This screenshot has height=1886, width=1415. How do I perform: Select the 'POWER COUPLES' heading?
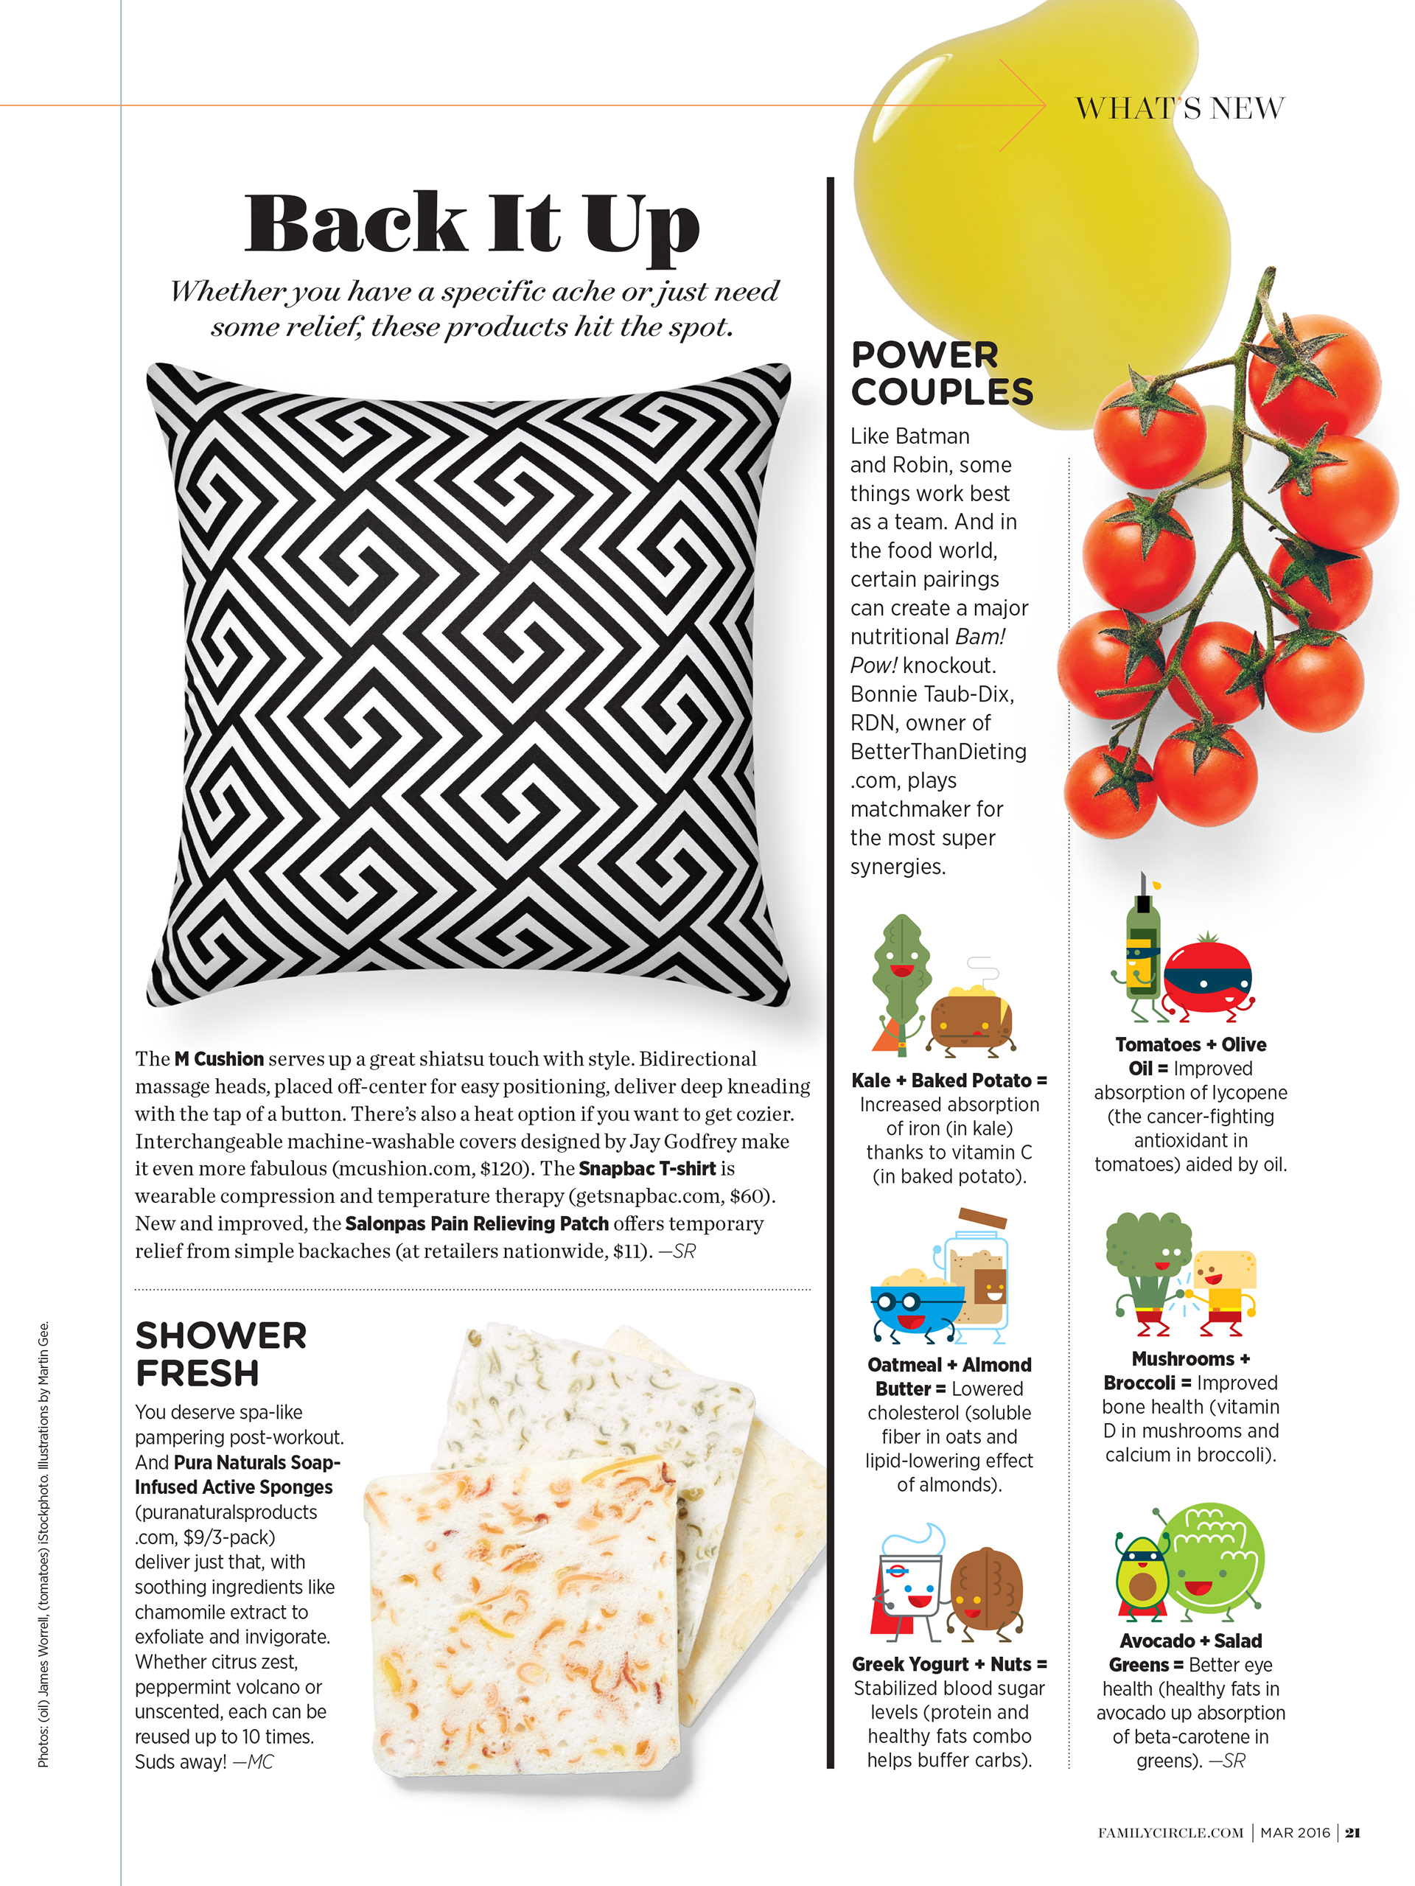point(941,374)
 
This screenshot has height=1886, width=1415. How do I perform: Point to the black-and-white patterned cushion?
point(469,682)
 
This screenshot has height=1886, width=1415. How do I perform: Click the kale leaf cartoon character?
point(899,972)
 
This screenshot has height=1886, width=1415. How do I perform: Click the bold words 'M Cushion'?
point(219,1059)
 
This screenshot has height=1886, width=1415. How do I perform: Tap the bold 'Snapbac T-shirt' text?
point(647,1168)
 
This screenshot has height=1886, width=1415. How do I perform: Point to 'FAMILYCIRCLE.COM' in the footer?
point(1170,1833)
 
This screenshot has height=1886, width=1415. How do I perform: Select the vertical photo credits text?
point(43,1543)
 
